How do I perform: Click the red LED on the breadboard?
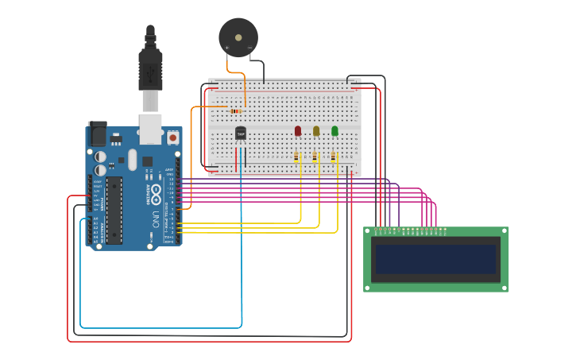click(x=298, y=130)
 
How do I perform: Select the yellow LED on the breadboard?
click(x=316, y=130)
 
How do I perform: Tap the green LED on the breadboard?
click(x=334, y=130)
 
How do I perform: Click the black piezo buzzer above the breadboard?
click(x=238, y=37)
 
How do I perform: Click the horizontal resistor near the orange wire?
click(x=236, y=110)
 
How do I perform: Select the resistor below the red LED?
click(x=297, y=157)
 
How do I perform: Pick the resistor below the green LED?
click(x=334, y=157)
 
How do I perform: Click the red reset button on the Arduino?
click(x=172, y=137)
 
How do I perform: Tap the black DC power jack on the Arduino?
click(x=98, y=134)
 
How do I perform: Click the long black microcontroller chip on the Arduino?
click(x=114, y=210)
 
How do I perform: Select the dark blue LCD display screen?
click(x=435, y=259)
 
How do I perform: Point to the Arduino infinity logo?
click(x=156, y=193)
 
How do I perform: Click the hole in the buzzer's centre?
click(x=238, y=37)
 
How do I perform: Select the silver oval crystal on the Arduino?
click(x=132, y=160)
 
